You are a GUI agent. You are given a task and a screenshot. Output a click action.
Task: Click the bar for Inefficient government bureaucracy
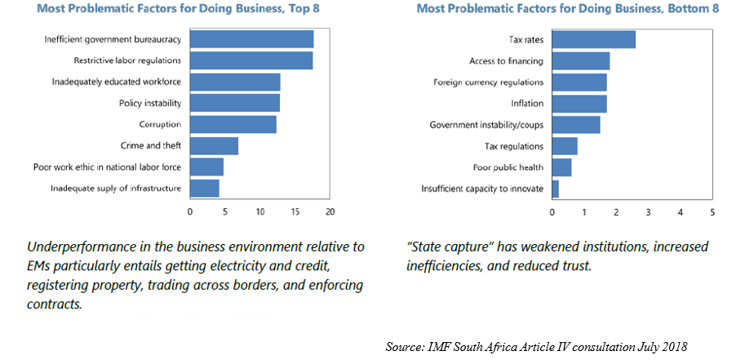click(x=251, y=39)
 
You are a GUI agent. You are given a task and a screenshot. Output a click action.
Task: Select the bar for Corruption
click(x=233, y=124)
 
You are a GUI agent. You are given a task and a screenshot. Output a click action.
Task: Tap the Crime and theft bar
click(x=214, y=145)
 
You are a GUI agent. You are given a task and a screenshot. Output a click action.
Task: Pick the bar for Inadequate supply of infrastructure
click(x=204, y=188)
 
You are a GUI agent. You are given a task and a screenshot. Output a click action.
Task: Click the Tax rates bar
click(x=593, y=39)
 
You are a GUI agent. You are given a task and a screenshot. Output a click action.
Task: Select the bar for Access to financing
click(x=581, y=60)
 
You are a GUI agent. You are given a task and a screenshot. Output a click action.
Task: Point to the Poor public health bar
click(x=561, y=167)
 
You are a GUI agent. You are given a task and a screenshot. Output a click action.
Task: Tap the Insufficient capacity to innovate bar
click(x=556, y=189)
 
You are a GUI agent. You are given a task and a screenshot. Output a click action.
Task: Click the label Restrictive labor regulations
click(x=127, y=60)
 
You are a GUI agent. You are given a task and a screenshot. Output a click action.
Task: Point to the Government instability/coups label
click(x=486, y=125)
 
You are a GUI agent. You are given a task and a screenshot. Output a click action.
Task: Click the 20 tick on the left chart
click(x=330, y=212)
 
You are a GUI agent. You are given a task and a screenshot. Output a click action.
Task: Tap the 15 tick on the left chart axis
click(x=295, y=212)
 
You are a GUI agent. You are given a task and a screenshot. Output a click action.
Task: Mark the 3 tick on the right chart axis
click(x=648, y=212)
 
